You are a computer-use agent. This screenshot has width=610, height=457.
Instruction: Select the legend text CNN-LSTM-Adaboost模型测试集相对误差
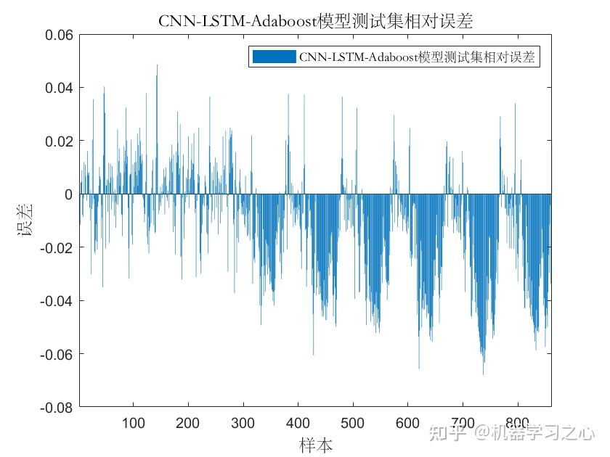[x=417, y=57]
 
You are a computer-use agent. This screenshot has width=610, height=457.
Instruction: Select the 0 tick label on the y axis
[x=69, y=194]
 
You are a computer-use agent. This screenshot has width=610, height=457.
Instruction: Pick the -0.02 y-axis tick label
[x=55, y=247]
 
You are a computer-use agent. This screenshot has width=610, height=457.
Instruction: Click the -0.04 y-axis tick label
[x=55, y=300]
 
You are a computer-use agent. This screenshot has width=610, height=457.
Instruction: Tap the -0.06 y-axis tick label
[x=55, y=354]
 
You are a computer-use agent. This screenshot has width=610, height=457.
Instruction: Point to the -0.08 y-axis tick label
[x=55, y=407]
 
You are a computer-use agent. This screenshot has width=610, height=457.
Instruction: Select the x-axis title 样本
[x=315, y=444]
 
